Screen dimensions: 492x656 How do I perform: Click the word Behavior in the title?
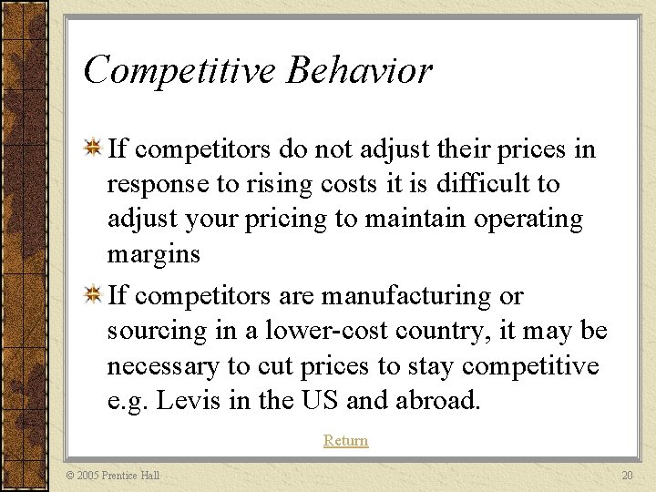coord(359,70)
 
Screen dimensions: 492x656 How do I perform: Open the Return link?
coord(345,441)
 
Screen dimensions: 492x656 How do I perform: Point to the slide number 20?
coord(626,476)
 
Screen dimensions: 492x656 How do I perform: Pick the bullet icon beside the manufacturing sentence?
coord(92,295)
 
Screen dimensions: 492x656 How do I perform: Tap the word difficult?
coord(486,184)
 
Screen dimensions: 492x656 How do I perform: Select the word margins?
coord(153,254)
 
